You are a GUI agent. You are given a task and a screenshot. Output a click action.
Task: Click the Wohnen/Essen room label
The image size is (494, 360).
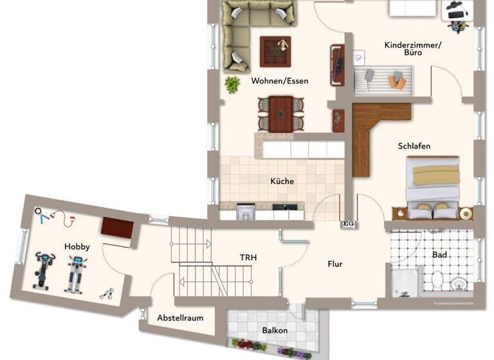(x=279, y=81)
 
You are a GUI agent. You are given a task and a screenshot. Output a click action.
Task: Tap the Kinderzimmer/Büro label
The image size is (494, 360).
(x=413, y=49)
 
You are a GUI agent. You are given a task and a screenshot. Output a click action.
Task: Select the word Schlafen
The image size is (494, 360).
(x=414, y=147)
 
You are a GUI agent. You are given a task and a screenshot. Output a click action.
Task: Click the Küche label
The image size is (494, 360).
(x=282, y=181)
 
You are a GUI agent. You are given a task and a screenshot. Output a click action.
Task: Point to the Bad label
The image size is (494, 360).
(x=439, y=255)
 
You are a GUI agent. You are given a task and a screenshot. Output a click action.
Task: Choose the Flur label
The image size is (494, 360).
(x=334, y=264)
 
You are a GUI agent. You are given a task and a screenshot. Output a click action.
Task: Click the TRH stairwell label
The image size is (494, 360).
(x=248, y=258)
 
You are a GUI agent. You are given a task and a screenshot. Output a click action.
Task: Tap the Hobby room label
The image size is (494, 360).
(x=77, y=246)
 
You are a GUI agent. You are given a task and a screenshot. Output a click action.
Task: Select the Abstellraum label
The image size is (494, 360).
(x=180, y=318)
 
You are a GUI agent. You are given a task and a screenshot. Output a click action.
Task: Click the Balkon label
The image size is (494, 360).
(x=275, y=330)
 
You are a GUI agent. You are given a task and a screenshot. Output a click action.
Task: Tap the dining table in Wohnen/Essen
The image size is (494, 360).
(x=280, y=113)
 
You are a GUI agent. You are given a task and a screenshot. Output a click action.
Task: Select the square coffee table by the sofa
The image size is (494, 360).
(x=275, y=51)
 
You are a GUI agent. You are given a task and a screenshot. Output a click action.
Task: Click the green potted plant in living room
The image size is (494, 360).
(x=232, y=84)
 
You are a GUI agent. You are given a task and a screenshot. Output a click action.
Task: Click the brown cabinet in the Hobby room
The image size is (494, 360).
(x=117, y=228)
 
